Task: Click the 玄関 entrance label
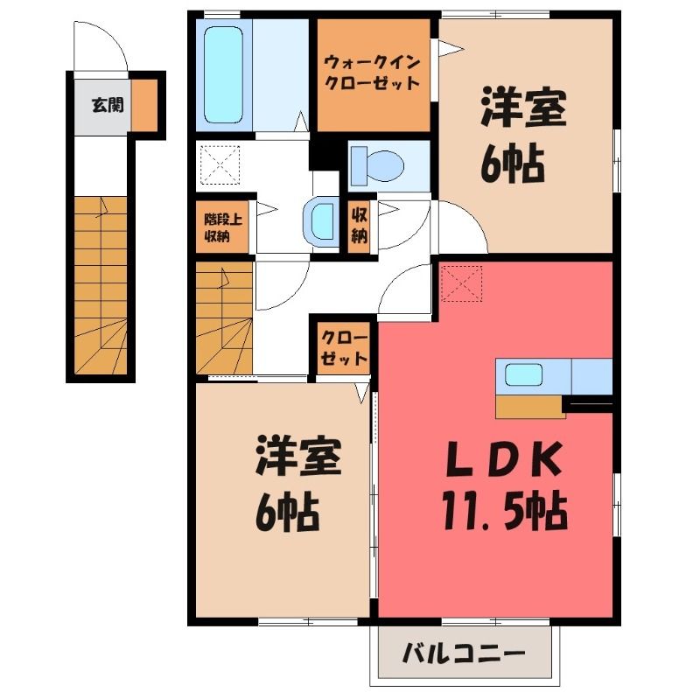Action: click(x=108, y=105)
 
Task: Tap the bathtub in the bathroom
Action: click(x=224, y=74)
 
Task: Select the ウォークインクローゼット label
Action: click(x=373, y=73)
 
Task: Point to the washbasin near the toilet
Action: click(x=318, y=221)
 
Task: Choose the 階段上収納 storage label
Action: click(x=223, y=227)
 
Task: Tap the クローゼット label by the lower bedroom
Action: click(x=344, y=348)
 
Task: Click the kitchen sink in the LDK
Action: click(x=523, y=374)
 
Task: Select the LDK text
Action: click(x=504, y=459)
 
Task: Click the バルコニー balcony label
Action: click(x=464, y=655)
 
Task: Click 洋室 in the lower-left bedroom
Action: click(x=298, y=456)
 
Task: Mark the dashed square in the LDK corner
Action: click(x=461, y=283)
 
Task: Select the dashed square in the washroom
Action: click(x=220, y=164)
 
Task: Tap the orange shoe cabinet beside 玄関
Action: click(x=144, y=105)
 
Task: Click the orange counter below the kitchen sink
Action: click(x=530, y=407)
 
